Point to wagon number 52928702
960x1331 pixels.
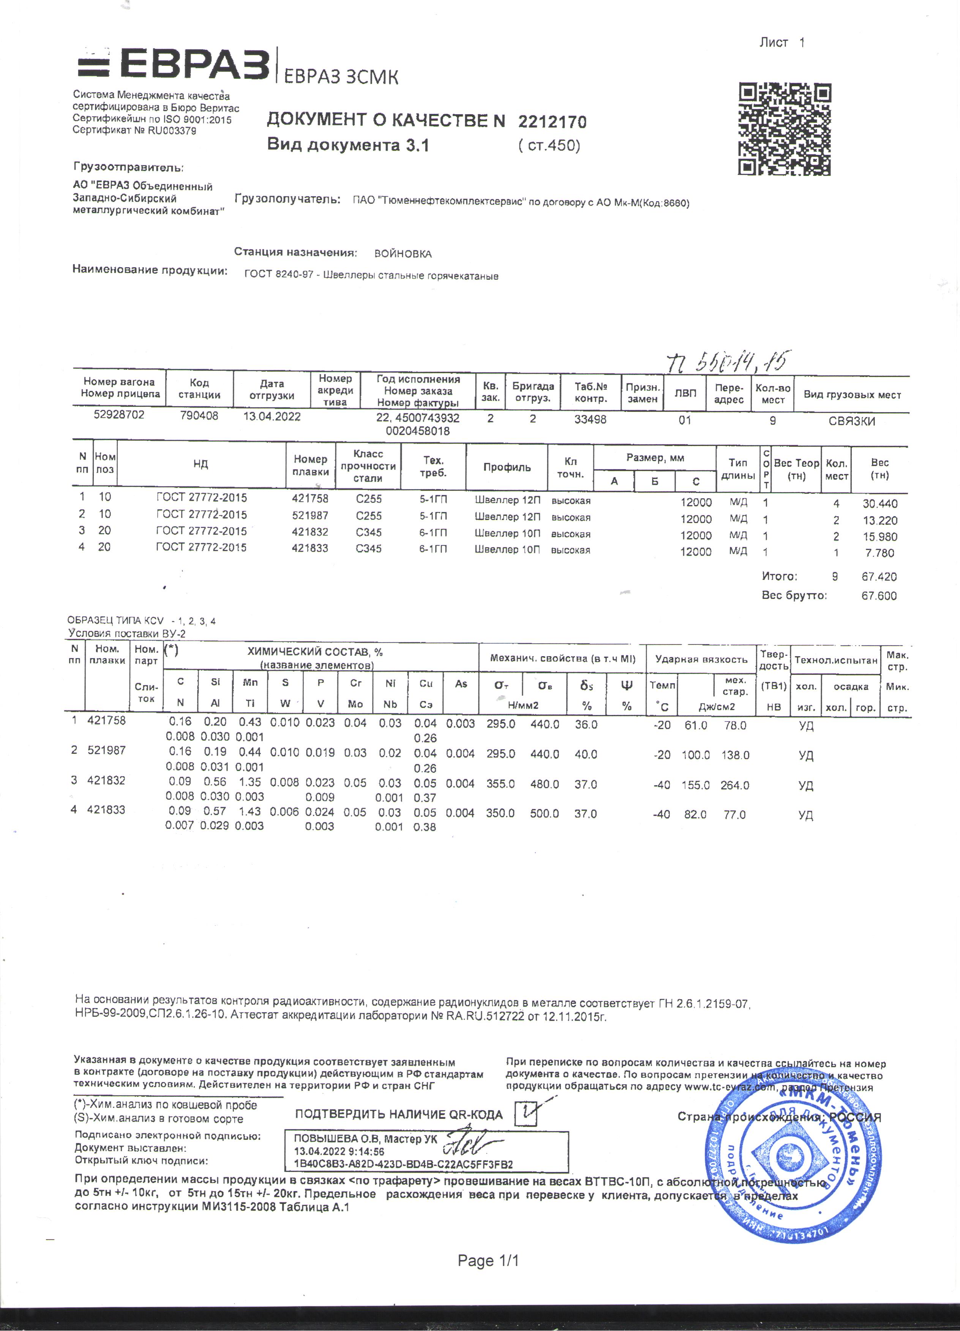click(119, 415)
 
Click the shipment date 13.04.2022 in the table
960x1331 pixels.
click(272, 417)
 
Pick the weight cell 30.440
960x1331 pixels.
click(879, 504)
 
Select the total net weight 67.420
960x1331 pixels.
click(879, 577)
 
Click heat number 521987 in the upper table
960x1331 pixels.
click(310, 516)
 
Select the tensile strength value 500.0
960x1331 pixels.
click(544, 814)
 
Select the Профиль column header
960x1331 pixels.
click(507, 467)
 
